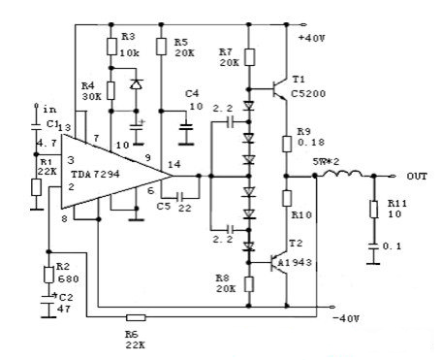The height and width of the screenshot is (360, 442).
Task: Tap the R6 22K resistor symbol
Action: coord(137,316)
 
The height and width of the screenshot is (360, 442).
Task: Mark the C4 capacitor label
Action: coord(194,93)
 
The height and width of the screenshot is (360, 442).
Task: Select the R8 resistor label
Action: coord(223,277)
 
